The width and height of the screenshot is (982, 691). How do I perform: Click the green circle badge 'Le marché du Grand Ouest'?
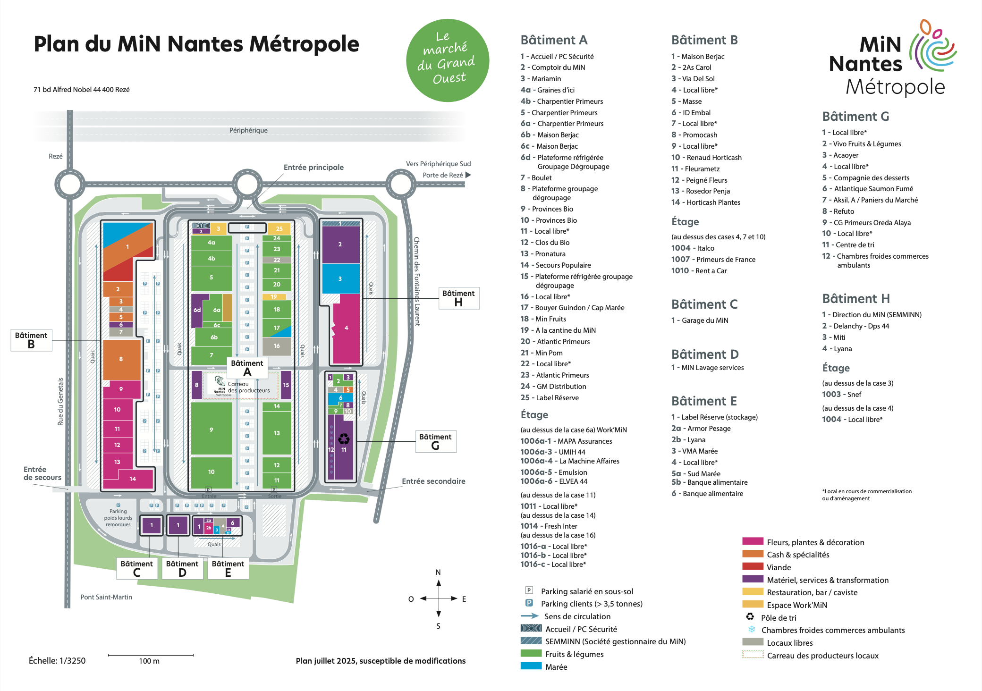[447, 60]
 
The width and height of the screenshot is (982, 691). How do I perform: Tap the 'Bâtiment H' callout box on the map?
[458, 298]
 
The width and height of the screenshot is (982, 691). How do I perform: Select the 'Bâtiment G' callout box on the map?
[435, 441]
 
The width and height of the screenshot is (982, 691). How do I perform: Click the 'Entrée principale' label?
[313, 167]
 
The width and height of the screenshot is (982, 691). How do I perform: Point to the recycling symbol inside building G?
[344, 439]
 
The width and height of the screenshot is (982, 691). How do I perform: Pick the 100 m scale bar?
[151, 655]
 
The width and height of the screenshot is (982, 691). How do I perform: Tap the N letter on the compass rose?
[438, 572]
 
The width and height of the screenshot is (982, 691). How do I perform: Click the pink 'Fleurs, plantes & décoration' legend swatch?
[753, 541]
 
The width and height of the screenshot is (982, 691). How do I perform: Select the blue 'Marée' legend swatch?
[531, 666]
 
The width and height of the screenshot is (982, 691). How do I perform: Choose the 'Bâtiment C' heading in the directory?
[704, 304]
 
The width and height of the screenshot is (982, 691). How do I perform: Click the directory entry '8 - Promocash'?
[694, 135]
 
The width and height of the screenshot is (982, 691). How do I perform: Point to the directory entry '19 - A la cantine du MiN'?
[558, 330]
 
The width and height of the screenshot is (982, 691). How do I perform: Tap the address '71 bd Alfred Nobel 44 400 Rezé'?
[81, 90]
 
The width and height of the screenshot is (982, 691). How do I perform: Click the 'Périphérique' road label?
[248, 130]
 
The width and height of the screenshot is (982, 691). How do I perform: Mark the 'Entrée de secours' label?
[42, 473]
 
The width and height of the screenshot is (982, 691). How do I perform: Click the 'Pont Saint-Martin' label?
[106, 597]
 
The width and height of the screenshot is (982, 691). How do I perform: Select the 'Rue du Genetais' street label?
[60, 401]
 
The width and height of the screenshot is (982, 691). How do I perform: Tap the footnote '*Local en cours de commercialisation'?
[866, 491]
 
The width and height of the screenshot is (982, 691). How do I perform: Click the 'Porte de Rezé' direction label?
[443, 175]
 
